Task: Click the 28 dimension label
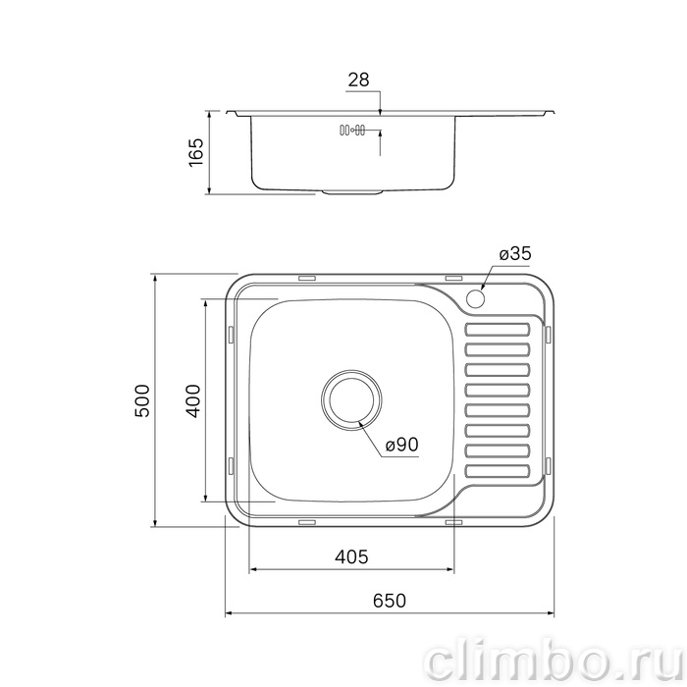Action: (358, 79)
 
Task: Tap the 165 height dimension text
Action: (196, 152)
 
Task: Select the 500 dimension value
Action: (142, 400)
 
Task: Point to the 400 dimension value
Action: (192, 400)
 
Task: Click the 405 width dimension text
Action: (351, 556)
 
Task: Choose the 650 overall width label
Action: (390, 601)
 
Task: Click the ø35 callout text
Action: (515, 253)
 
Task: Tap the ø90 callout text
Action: (402, 446)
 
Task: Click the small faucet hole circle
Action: (475, 298)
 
